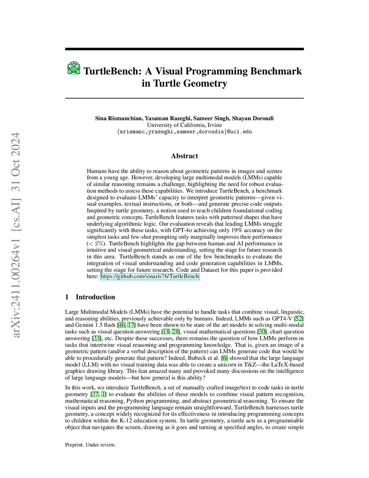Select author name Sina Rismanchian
[119, 118]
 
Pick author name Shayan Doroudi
[253, 118]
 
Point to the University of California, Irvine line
[184, 125]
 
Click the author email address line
[184, 132]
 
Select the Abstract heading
[184, 156]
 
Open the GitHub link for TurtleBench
[150, 276]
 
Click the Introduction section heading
[95, 297]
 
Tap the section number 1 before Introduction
[67, 297]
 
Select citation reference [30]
[262, 332]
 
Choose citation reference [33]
[96, 338]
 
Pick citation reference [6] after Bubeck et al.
[224, 358]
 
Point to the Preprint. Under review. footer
[90, 445]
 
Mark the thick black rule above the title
[184, 49]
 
